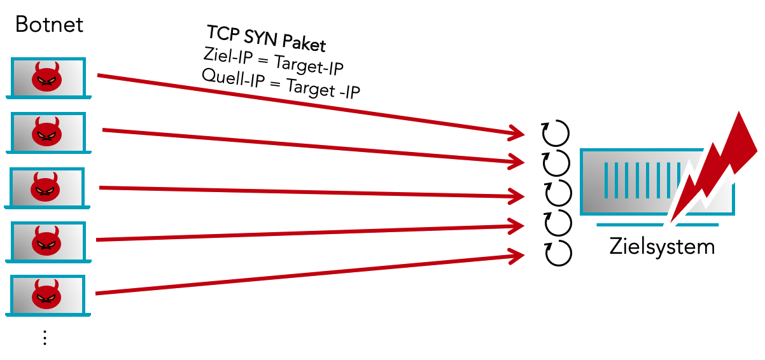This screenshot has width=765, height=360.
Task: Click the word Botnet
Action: (49, 25)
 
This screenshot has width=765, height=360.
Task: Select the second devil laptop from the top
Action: (48, 133)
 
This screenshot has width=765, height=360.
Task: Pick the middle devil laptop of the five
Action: (48, 187)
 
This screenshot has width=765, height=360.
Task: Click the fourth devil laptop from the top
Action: (48, 241)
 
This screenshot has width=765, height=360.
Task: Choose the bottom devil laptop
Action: (48, 296)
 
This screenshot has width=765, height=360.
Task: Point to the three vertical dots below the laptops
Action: (45, 338)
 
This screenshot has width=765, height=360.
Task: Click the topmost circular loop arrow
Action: (554, 132)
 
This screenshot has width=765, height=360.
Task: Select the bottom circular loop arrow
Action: (558, 253)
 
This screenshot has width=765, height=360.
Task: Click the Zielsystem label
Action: (661, 246)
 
